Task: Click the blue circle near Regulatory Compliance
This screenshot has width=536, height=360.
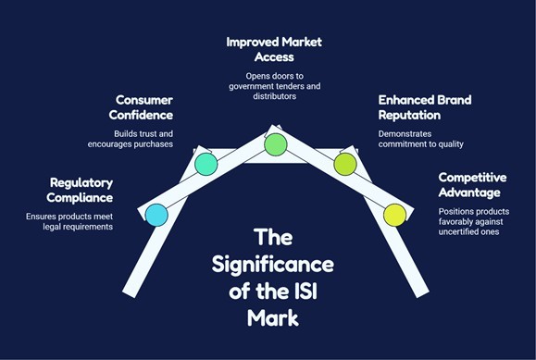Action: point(156,215)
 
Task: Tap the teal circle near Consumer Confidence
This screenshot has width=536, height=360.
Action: point(206,164)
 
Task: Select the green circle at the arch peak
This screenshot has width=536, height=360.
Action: point(276,144)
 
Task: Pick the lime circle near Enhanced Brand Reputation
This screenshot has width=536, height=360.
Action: point(345,164)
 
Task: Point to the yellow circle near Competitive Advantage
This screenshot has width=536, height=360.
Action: point(394,215)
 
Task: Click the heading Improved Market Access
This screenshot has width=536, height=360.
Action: point(274,49)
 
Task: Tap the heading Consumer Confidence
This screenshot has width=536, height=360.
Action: point(141,107)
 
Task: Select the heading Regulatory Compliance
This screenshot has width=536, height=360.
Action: point(80,190)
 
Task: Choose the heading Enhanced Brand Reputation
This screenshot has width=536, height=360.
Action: point(425,107)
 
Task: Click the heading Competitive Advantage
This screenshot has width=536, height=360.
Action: point(472,185)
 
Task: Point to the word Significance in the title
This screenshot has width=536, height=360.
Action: point(273,266)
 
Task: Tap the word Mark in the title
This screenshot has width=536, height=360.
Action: point(273,318)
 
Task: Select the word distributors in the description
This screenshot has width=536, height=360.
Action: point(275,96)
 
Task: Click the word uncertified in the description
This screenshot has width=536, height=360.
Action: point(457,231)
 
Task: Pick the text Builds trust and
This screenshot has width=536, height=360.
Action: point(143,133)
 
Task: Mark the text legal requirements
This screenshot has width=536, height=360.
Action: point(78,227)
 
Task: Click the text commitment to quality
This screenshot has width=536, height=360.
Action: point(421,144)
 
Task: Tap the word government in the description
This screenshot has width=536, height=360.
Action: point(251,86)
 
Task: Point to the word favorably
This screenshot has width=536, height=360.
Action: point(455,221)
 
